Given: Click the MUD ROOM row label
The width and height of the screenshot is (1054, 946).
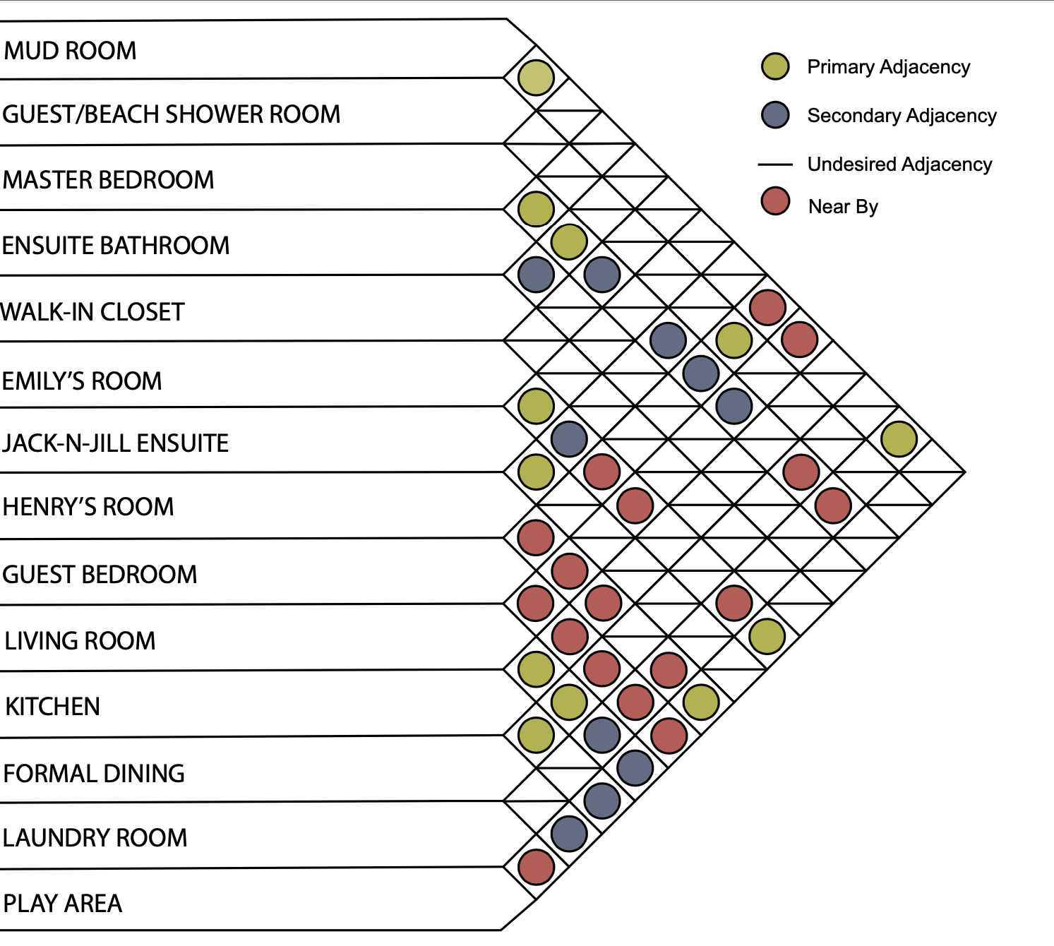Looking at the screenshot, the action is (70, 51).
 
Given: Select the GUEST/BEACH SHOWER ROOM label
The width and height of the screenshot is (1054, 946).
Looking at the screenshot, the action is (171, 114).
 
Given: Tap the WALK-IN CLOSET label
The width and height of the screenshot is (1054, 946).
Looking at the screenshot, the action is (92, 312).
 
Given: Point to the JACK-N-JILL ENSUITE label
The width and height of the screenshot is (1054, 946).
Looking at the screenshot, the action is (115, 443).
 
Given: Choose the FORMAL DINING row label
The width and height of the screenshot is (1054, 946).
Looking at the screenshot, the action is (94, 773).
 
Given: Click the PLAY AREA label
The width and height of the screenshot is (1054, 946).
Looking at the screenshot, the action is (62, 904).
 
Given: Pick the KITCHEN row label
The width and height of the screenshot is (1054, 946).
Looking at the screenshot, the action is (52, 707).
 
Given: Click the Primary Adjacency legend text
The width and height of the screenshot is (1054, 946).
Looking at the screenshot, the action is (889, 67).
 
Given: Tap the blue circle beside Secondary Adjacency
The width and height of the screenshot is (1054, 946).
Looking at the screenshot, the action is (775, 115).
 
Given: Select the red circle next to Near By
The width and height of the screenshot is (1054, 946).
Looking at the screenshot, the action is (775, 201).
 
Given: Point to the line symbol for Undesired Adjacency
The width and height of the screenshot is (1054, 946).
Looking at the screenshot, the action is (775, 164).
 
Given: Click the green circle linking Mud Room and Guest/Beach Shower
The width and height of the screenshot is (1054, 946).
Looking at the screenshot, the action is (536, 78).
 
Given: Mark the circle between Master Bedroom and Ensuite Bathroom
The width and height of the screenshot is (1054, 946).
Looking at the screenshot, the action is (536, 209).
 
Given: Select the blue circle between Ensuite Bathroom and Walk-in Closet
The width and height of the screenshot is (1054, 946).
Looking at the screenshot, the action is (536, 275).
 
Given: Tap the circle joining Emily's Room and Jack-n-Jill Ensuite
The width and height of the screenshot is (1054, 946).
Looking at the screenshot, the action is (536, 406).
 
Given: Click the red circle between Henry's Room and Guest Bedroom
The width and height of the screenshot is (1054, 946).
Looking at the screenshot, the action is (536, 537).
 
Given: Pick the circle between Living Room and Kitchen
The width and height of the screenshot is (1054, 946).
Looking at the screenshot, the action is (536, 669).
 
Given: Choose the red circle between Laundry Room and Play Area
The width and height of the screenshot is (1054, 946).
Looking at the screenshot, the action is (536, 867).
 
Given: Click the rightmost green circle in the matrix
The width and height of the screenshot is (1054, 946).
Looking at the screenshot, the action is (899, 439).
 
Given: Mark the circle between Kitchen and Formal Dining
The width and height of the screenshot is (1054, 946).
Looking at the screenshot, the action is (536, 735).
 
